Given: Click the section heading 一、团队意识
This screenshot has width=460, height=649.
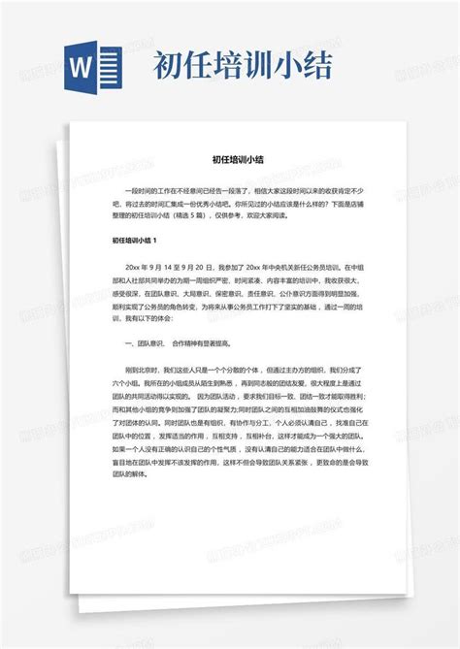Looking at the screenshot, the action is pos(146,344).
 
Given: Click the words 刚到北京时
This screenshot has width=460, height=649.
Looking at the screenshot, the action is pos(142,371).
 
